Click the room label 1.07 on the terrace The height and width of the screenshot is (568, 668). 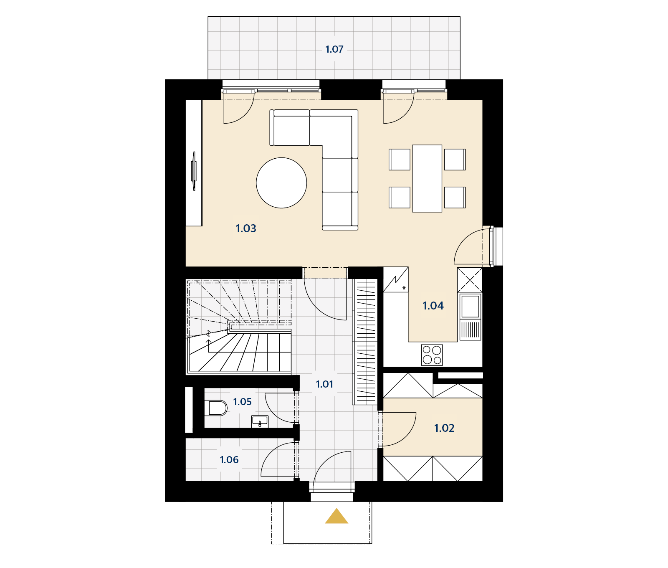click(x=334, y=49)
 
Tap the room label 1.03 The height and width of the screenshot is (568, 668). click(x=246, y=228)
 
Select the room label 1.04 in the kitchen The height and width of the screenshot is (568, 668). click(x=433, y=306)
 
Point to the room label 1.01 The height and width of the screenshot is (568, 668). click(x=324, y=384)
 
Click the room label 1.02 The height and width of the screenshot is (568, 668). click(x=444, y=428)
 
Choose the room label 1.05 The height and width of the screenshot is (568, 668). click(x=242, y=402)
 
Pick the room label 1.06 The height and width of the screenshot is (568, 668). click(x=229, y=460)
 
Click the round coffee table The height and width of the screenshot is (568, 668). click(x=281, y=183)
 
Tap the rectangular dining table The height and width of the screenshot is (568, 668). click(x=427, y=178)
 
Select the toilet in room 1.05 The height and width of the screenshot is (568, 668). click(x=216, y=408)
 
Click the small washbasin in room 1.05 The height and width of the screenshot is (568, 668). click(x=260, y=422)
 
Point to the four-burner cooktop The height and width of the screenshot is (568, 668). click(x=432, y=355)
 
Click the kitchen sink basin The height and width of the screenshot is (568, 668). click(x=470, y=306)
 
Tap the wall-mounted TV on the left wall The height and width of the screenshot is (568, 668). click(x=194, y=171)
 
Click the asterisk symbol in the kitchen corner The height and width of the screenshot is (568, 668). click(x=404, y=288)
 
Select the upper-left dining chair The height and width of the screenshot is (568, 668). click(x=400, y=160)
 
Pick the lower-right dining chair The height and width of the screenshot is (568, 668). click(x=455, y=197)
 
